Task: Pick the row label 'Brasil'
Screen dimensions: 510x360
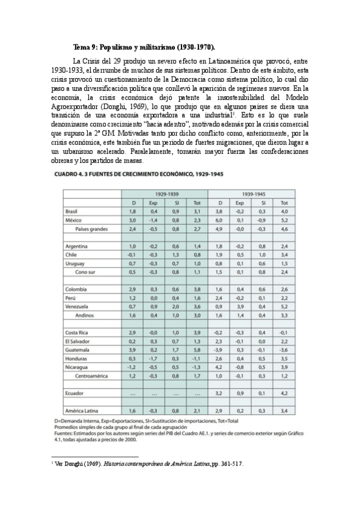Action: (x=72, y=212)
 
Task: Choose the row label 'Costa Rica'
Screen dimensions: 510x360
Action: (x=76, y=332)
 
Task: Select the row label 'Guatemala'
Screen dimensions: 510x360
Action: (x=77, y=349)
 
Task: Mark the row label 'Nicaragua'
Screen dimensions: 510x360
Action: (x=76, y=367)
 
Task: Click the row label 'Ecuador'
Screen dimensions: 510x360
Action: (x=73, y=393)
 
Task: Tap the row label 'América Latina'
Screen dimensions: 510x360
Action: (x=80, y=410)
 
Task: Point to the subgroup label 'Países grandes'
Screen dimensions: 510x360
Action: (x=92, y=229)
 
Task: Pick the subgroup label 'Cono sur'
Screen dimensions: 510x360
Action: (x=87, y=272)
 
